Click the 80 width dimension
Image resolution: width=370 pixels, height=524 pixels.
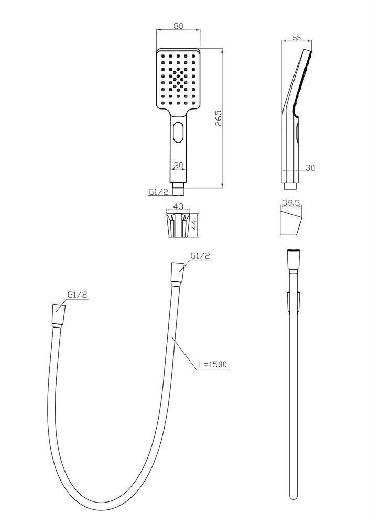pyautogui.click(x=179, y=26)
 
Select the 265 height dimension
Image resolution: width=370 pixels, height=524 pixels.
pyautogui.click(x=218, y=118)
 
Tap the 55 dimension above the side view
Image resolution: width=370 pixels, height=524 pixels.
pyautogui.click(x=297, y=38)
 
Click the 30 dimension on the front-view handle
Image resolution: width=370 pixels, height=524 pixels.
pyautogui.click(x=178, y=165)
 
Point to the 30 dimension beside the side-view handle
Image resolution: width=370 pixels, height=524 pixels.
pyautogui.click(x=310, y=168)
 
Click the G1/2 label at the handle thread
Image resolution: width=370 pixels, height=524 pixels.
pyautogui.click(x=158, y=192)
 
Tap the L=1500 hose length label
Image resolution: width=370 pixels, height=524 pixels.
pyautogui.click(x=212, y=364)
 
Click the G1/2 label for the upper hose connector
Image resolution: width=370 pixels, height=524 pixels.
pyautogui.click(x=200, y=256)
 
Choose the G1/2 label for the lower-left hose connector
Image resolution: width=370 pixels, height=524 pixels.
pyautogui.click(x=78, y=294)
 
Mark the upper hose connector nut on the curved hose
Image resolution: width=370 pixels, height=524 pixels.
pyautogui.click(x=177, y=273)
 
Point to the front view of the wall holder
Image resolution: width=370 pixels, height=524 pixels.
pyautogui.click(x=179, y=226)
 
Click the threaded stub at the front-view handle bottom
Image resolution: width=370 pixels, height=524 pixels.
pyautogui.click(x=178, y=184)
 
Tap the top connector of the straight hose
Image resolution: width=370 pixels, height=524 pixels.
pyautogui.click(x=293, y=259)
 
